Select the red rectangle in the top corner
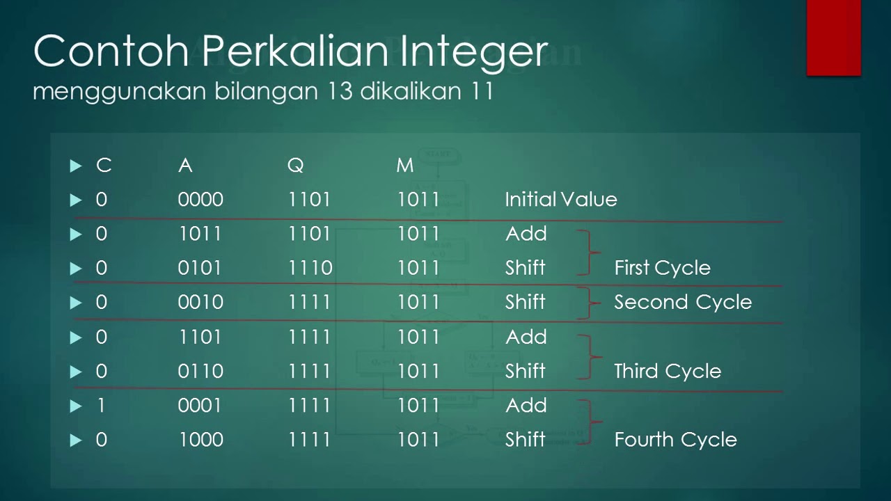click(x=833, y=37)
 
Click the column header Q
click(x=295, y=166)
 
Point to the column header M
click(x=404, y=166)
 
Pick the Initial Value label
click(x=560, y=200)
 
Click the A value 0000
click(x=200, y=200)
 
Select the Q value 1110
click(x=310, y=268)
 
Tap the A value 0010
click(x=200, y=302)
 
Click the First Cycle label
click(x=662, y=268)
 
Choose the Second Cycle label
click(x=682, y=302)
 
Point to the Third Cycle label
click(x=667, y=371)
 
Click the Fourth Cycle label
click(x=675, y=440)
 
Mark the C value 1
click(x=102, y=406)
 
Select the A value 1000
click(x=200, y=440)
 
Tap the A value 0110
click(x=200, y=371)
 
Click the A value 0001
click(x=200, y=406)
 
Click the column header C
click(x=103, y=166)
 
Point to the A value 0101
click(x=200, y=268)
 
